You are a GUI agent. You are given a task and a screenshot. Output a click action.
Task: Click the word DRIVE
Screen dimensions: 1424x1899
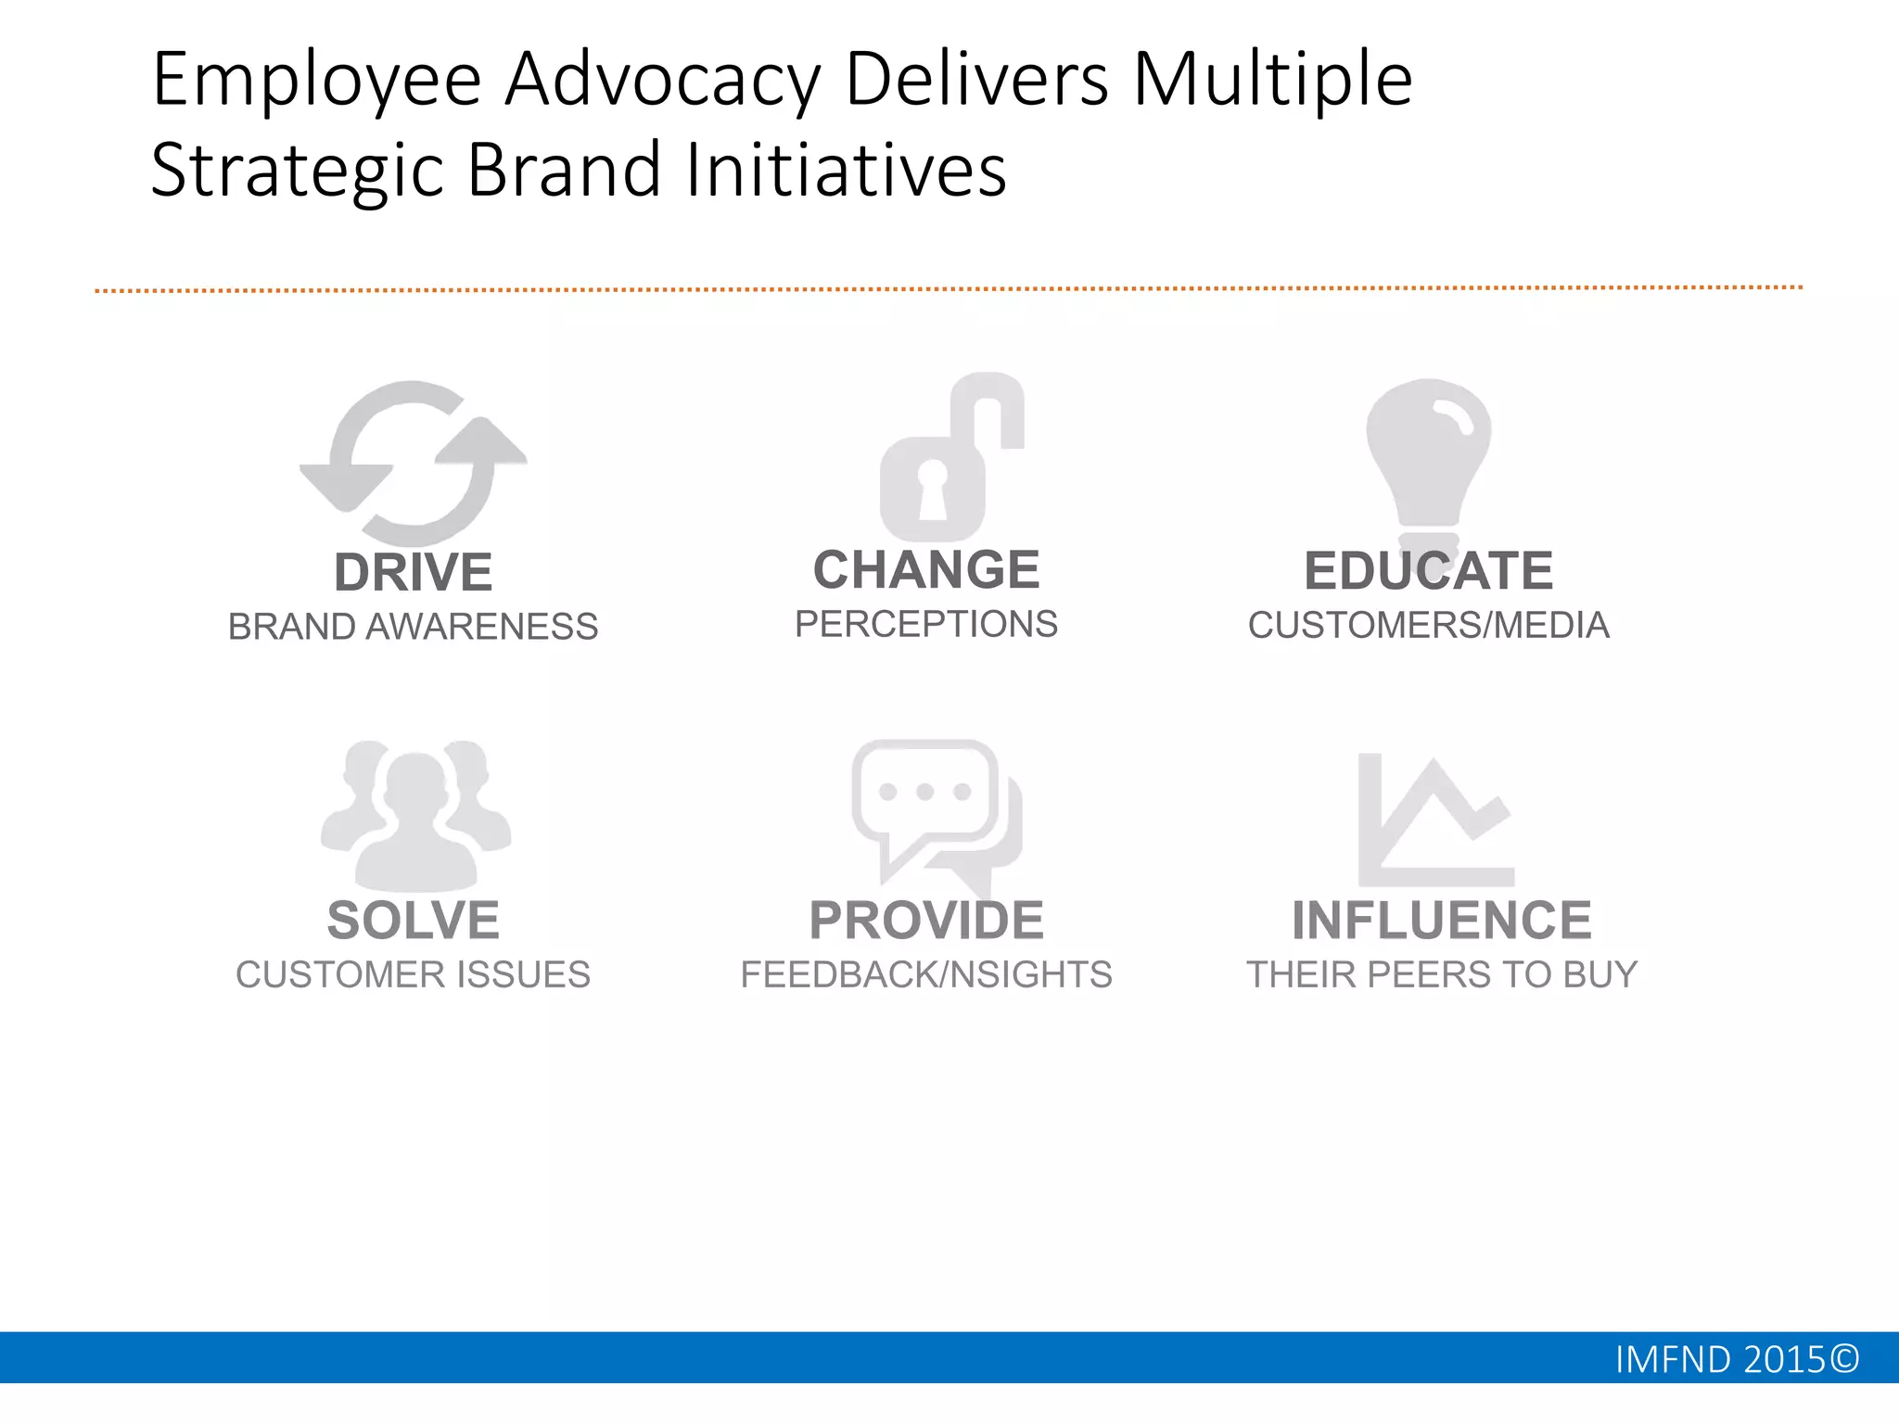(413, 572)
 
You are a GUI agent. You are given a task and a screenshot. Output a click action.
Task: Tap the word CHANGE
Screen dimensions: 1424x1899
(926, 569)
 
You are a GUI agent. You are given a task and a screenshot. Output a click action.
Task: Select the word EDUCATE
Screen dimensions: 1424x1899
(1428, 570)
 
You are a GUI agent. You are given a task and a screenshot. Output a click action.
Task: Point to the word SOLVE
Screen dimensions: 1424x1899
(413, 920)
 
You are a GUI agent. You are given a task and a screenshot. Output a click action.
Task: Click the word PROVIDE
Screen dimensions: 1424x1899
(926, 920)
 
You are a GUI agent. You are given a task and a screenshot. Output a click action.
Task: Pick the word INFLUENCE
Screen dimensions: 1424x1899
(1442, 920)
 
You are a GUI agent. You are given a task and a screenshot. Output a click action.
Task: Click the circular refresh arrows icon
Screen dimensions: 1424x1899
(413, 462)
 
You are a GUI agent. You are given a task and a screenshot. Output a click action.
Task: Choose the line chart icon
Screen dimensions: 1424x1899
(1435, 820)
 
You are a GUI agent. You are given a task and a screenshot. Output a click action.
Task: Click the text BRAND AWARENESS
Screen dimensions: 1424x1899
(413, 627)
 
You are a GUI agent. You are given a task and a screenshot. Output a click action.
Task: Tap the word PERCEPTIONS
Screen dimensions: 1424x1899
(926, 624)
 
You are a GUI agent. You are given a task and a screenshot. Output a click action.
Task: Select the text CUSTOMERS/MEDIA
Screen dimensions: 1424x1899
(1428, 625)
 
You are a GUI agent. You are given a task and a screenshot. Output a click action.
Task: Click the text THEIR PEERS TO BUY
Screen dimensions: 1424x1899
(1442, 974)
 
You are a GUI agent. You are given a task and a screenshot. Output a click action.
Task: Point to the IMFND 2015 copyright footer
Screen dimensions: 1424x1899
(1736, 1359)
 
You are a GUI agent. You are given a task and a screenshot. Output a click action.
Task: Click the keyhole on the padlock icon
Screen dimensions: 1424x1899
(933, 489)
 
